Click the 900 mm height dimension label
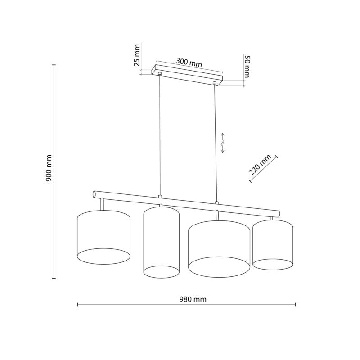pos(49,168)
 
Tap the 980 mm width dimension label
pos(193,299)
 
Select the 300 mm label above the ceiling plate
pos(189,63)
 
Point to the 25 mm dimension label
pos(137,55)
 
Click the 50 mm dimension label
pos(247,67)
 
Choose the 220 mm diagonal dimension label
pos(260,165)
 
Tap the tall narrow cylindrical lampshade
pos(162,242)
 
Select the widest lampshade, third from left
pos(219,249)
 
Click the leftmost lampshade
pos(103,237)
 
